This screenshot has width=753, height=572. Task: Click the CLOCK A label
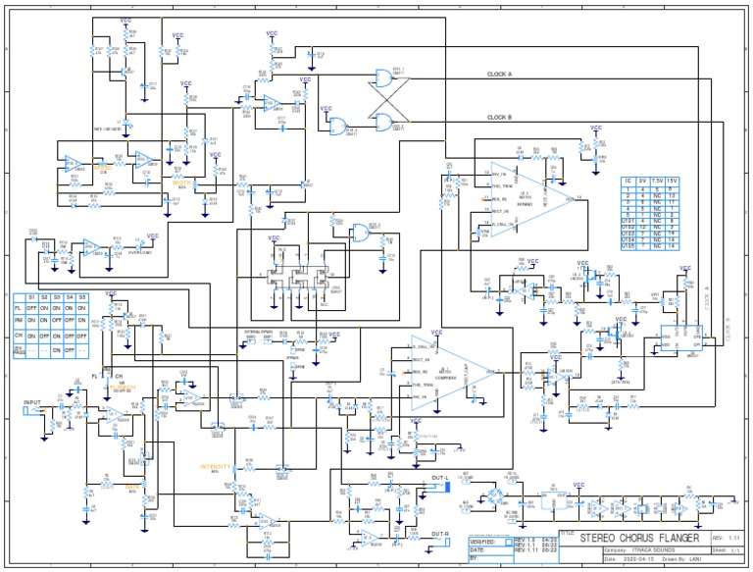click(499, 74)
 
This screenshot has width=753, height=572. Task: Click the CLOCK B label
click(499, 118)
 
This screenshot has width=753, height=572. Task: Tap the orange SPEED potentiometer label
click(103, 168)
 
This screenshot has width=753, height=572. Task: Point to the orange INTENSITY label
click(216, 467)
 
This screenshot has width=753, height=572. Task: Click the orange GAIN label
click(132, 486)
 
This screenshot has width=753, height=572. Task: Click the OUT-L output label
click(438, 480)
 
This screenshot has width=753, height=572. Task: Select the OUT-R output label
click(439, 535)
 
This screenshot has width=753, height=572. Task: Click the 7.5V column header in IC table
click(659, 182)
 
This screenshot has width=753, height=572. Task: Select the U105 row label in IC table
click(627, 272)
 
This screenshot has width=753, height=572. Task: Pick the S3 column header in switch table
click(57, 296)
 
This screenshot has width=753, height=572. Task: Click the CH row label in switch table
click(19, 334)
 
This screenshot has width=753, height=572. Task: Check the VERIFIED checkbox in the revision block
click(508, 541)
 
